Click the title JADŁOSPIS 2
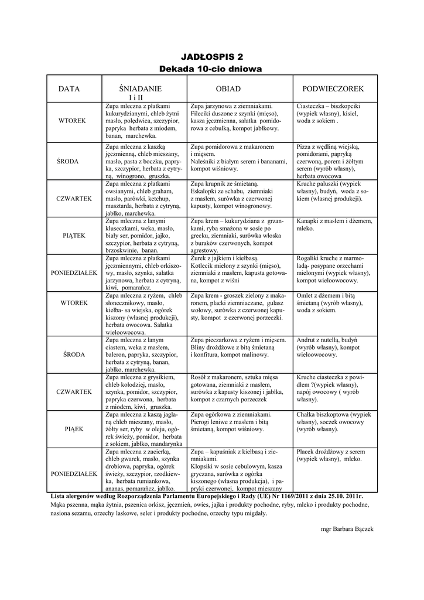[211, 57]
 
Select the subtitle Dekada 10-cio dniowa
[211, 69]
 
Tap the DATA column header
[69, 88]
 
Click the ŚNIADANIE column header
[140, 88]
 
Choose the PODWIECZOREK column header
[333, 88]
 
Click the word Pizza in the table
[305, 145]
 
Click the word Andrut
[307, 340]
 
